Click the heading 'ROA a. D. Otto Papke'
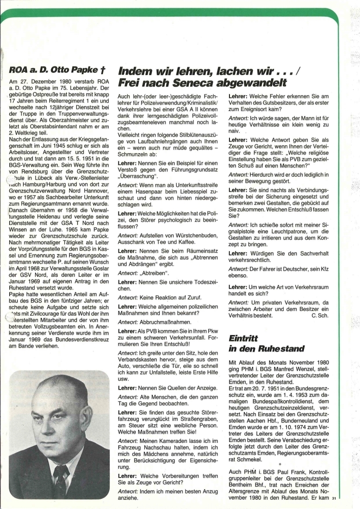56,70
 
